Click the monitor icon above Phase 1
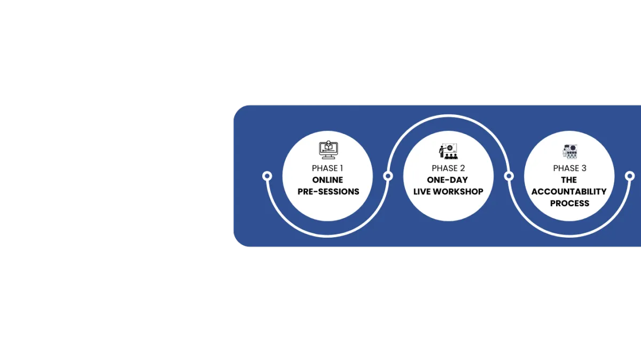[327, 150]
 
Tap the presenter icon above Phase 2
[448, 151]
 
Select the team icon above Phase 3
[569, 151]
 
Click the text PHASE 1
[327, 168]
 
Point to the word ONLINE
[327, 180]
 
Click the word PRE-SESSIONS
[327, 192]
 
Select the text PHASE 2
[448, 168]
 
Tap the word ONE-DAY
[448, 180]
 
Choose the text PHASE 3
[569, 168]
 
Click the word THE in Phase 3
[569, 180]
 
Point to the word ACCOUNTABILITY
[569, 192]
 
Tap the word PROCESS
[569, 204]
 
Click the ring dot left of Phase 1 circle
[268, 176]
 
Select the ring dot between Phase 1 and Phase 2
[388, 176]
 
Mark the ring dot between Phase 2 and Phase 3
[509, 176]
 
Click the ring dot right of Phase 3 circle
[630, 176]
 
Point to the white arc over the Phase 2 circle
[448, 116]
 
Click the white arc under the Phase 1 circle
[327, 236]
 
